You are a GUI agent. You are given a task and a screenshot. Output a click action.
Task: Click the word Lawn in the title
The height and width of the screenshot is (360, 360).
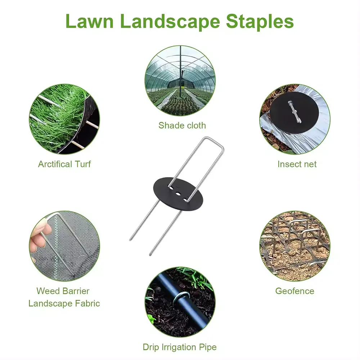tap(90, 21)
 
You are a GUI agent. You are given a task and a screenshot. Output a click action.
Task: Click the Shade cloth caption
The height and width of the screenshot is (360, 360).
tap(182, 125)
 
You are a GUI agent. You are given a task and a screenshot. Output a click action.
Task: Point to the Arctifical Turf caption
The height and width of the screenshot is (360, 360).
tap(64, 164)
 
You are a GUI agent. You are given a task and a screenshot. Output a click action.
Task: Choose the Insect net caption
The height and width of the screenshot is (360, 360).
tap(297, 164)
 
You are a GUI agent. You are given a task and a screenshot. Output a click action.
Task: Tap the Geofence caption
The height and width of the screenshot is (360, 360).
tap(294, 291)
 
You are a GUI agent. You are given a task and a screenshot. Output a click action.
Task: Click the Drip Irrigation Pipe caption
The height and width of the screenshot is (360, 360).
tap(180, 347)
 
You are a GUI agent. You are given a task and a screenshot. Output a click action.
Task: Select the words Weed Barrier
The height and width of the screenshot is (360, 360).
tap(63, 291)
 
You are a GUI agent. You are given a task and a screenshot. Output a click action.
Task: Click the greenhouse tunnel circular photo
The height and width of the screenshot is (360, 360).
tap(180, 81)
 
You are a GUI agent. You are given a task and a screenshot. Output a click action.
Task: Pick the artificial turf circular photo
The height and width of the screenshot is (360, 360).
tap(64, 119)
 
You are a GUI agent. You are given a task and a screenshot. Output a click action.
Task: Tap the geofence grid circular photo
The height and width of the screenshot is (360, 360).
tap(295, 246)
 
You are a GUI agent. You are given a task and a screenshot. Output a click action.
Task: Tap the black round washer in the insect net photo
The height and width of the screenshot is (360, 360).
tap(294, 112)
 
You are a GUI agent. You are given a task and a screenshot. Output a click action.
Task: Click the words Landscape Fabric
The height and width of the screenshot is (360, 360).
tap(64, 303)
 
